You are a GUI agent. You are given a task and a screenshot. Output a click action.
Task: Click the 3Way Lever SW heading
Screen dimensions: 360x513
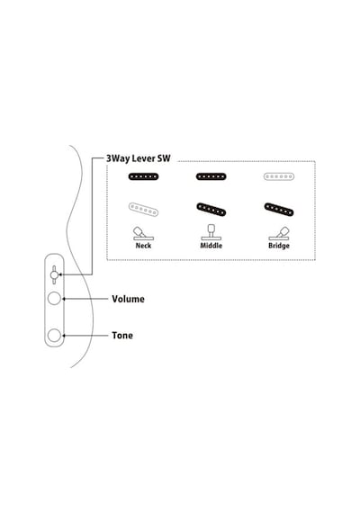(138, 158)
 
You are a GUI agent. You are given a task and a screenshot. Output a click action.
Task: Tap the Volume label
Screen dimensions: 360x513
(128, 299)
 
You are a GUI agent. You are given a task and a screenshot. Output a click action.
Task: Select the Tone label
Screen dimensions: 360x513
(122, 336)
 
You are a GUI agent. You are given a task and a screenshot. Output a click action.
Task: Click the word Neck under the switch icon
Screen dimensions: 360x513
(143, 246)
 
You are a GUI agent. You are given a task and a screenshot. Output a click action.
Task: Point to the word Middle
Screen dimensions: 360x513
(211, 246)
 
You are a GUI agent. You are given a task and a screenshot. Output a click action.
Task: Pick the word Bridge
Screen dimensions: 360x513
(279, 246)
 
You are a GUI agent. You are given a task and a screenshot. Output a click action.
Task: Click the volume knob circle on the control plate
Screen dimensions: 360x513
(54, 299)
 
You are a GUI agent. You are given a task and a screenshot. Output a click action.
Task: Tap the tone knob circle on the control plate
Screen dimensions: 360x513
(54, 336)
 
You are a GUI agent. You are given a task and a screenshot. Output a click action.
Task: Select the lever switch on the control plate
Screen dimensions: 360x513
(54, 274)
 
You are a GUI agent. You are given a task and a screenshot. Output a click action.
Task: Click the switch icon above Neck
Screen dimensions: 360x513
(143, 233)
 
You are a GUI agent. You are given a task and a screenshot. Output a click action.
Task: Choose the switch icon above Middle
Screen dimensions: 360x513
(211, 232)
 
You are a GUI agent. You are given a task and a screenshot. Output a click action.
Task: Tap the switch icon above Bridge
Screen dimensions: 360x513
(279, 233)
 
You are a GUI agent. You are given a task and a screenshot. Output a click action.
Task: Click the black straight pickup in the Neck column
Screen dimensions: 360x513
(143, 177)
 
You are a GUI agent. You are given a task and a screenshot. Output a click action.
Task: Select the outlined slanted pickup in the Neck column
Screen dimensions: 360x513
(143, 210)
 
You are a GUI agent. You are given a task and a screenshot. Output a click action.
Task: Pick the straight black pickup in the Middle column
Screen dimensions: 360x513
(211, 177)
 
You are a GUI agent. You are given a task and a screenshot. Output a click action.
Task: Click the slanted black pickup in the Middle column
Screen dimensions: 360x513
(211, 210)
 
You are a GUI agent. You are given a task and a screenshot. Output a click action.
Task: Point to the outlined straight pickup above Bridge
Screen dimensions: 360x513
(279, 177)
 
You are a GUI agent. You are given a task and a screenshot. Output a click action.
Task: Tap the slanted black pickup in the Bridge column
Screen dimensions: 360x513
(279, 210)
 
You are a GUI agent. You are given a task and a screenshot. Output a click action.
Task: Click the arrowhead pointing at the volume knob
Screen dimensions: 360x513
(64, 299)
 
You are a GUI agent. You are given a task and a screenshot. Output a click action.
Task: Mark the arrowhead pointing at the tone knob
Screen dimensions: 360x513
(64, 336)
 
